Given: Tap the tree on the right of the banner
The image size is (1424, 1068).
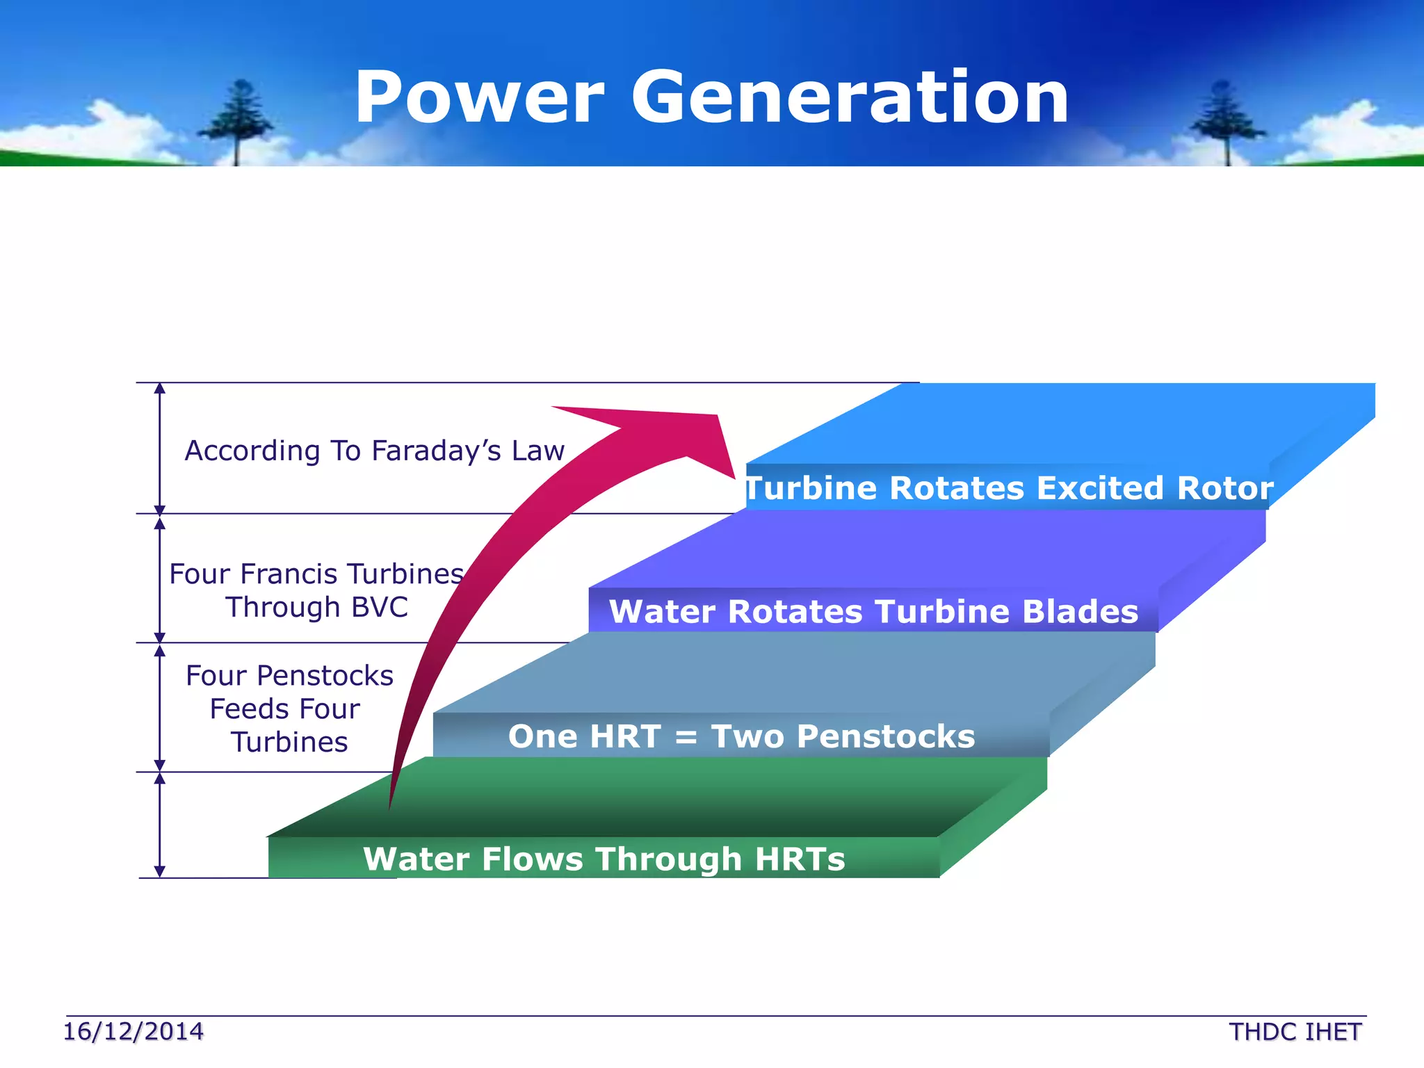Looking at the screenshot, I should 1225,122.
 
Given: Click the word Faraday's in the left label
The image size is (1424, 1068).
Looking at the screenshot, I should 436,451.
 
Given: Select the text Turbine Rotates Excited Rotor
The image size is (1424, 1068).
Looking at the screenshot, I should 1008,487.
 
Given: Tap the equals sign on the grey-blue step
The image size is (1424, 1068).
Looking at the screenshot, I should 686,737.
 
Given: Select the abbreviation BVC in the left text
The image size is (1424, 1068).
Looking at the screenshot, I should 380,607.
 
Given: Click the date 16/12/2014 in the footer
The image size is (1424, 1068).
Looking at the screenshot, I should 133,1031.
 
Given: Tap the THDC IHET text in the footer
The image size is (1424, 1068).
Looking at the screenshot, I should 1295,1032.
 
